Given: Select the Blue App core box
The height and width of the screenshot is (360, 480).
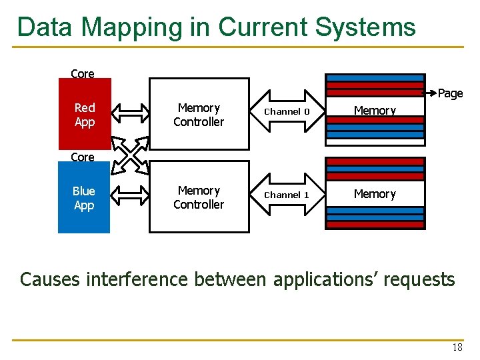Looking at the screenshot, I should click(x=84, y=198).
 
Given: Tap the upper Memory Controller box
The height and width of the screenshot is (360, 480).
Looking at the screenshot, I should click(x=199, y=115).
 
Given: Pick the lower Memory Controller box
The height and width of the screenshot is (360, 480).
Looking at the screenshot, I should click(x=199, y=198).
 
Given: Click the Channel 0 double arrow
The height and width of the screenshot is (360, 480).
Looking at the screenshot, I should click(x=287, y=112).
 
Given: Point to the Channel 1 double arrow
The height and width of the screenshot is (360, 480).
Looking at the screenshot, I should click(x=287, y=195).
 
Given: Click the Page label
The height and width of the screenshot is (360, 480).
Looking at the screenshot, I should click(x=450, y=94).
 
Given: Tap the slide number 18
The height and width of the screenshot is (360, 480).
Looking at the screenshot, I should click(x=457, y=347).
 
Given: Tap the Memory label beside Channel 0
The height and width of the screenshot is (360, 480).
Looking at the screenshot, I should click(x=375, y=111).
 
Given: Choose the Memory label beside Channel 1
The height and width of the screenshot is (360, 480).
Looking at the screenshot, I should click(x=375, y=194).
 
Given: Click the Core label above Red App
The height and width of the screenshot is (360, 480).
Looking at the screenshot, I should click(x=83, y=74).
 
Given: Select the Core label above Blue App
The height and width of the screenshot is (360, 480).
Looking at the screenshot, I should click(x=83, y=157).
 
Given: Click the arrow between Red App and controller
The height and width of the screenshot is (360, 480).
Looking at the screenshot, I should click(x=129, y=113).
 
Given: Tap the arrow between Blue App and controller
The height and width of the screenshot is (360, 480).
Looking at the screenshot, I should click(x=129, y=197).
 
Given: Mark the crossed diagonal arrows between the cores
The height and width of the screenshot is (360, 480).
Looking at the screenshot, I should click(x=129, y=155).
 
